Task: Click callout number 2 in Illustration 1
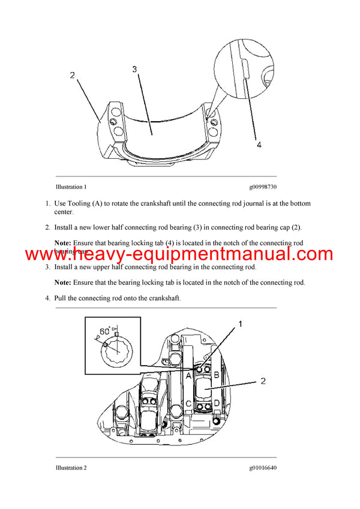click(x=73, y=76)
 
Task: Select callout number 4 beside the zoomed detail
click(x=259, y=144)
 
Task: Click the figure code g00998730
click(x=258, y=187)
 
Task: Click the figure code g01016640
click(x=258, y=468)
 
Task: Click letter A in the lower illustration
click(x=188, y=376)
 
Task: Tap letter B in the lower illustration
click(x=217, y=376)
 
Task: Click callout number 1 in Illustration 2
click(x=241, y=324)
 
